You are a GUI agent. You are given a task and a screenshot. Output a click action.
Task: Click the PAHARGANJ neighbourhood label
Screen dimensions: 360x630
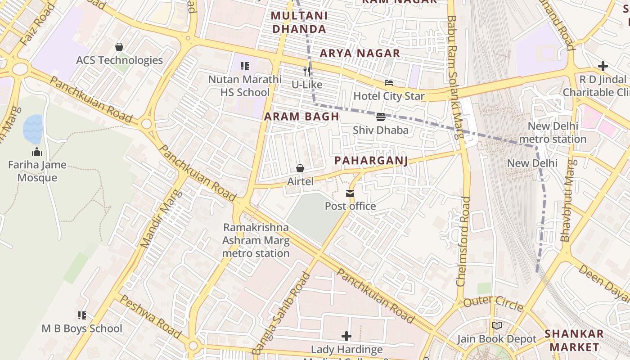(371, 161)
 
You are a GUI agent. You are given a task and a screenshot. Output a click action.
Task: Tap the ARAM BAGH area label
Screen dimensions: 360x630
(301, 117)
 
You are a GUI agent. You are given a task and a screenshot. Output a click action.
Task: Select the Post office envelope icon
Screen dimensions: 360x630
(350, 193)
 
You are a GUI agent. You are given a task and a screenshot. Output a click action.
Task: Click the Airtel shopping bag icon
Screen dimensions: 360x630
(300, 168)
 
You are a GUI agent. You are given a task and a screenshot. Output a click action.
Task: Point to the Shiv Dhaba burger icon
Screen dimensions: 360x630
(381, 117)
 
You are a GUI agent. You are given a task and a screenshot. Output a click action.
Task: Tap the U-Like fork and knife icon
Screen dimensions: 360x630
(307, 71)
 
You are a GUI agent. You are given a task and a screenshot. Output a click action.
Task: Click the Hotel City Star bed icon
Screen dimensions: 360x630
(389, 83)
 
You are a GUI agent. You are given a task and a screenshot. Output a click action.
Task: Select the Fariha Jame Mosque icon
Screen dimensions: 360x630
(37, 152)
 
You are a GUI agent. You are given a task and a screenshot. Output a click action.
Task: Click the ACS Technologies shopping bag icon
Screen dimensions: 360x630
(119, 47)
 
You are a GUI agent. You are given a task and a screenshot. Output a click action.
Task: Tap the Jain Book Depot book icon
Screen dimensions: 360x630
(497, 325)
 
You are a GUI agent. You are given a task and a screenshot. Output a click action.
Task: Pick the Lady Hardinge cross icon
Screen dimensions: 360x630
(346, 336)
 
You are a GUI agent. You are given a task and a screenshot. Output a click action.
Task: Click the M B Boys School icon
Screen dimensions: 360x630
(81, 315)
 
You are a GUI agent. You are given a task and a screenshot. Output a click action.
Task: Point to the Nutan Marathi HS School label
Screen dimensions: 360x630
(245, 86)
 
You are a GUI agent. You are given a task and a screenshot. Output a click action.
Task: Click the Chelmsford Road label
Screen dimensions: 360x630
(463, 241)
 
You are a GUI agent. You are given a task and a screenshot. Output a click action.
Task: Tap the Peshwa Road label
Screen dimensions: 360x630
(151, 318)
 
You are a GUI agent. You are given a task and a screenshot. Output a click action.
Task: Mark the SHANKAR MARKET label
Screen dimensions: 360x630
(574, 340)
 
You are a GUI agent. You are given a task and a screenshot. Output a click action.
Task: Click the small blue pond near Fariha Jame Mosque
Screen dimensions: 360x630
(33, 129)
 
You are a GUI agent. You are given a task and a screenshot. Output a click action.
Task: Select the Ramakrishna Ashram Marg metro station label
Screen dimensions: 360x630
(256, 240)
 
